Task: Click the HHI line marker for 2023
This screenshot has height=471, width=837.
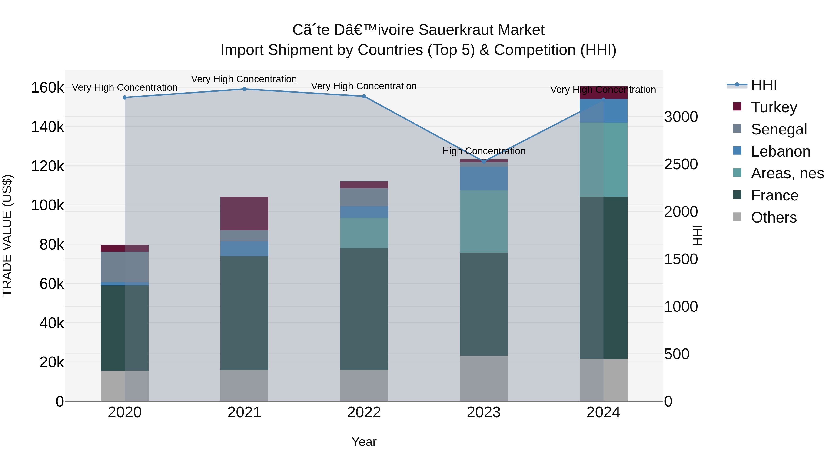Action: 484,161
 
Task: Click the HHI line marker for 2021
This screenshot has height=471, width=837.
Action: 244,89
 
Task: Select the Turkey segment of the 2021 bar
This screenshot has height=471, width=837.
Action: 244,214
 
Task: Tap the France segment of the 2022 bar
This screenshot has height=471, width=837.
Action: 364,309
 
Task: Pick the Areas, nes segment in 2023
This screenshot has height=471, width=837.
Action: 484,222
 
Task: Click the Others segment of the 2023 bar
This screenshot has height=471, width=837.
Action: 484,378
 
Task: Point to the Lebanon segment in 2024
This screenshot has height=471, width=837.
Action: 603,111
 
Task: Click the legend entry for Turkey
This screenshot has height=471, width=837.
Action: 765,107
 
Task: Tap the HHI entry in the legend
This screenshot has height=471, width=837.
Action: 751,85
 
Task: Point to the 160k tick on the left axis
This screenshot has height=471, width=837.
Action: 47,87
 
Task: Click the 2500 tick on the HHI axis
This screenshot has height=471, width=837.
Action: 681,164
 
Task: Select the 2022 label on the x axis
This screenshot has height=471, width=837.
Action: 364,412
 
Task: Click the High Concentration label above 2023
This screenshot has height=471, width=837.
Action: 484,151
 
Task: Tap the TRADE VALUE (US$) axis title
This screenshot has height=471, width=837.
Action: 7,235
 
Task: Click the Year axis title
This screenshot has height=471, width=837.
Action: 364,442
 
